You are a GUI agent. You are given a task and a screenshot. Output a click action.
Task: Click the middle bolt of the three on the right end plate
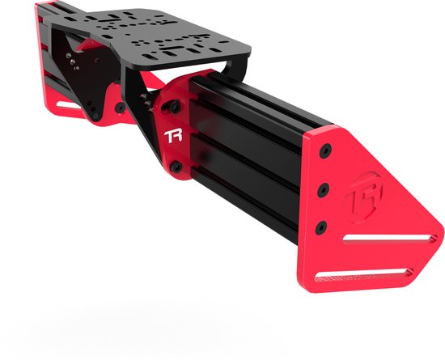pyautogui.click(x=323, y=188)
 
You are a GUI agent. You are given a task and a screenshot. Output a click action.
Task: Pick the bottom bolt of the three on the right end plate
pyautogui.click(x=321, y=226)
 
